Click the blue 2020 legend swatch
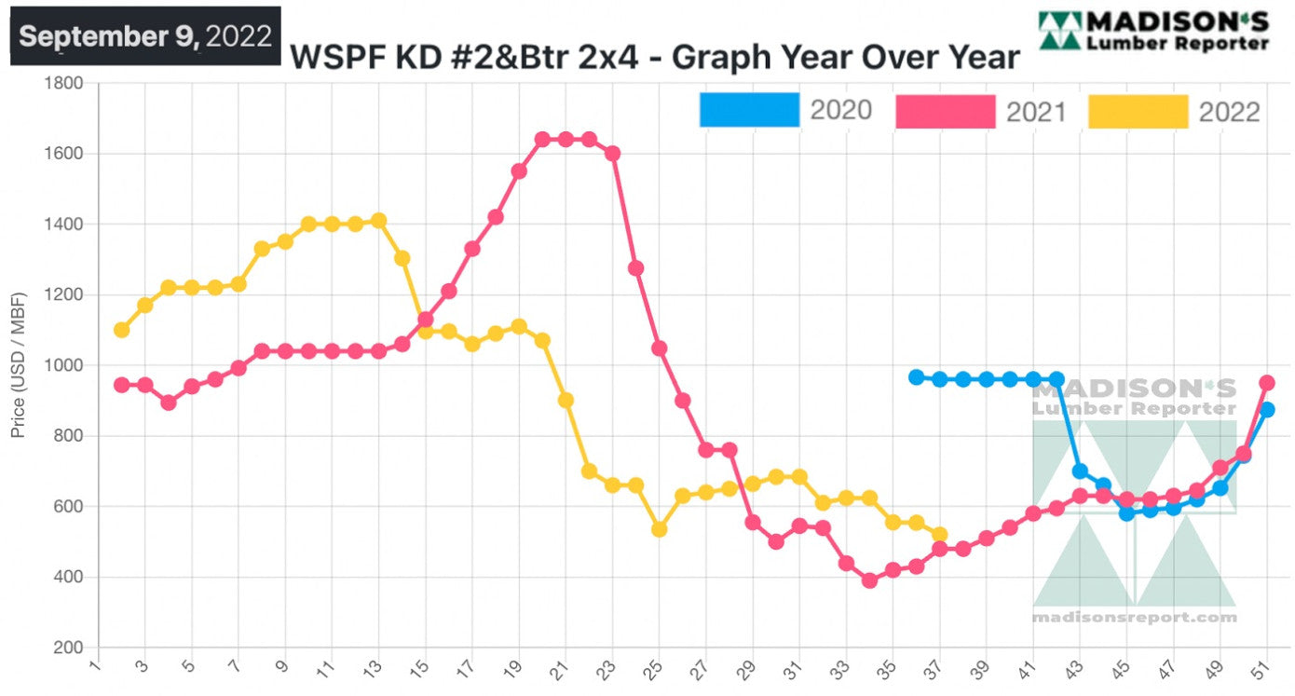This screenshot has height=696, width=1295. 749,111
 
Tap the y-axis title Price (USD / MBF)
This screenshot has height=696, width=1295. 19,365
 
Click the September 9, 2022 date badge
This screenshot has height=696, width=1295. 145,36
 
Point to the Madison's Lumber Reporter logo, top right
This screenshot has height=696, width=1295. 1153,31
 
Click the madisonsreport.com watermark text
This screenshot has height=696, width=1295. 1134,618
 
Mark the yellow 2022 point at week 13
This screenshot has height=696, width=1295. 378,221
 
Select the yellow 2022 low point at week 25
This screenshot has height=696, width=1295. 659,529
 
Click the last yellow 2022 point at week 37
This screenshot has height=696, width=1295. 939,535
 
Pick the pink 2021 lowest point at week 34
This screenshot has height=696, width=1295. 869,580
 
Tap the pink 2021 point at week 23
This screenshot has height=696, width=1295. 612,154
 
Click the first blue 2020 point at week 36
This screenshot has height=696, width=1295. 916,377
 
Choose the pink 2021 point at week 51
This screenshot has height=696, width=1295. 1266,383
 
